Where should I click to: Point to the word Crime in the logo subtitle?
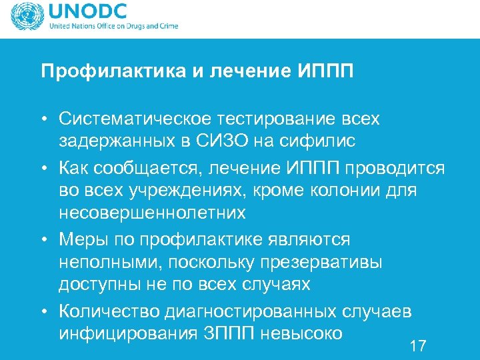[167, 27]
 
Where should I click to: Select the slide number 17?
[418, 345]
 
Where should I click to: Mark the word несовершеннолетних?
[152, 213]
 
